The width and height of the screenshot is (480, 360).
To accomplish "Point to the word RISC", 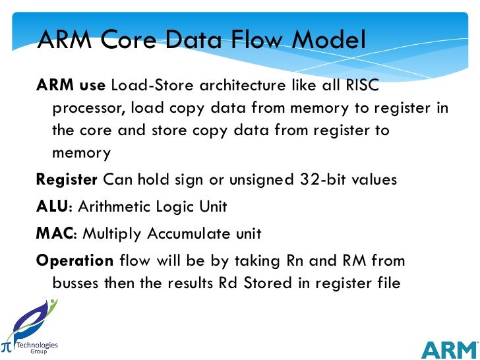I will tap(365, 86).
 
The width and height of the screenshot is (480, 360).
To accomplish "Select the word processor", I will tap(88, 108).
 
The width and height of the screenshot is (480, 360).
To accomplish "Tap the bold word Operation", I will tap(75, 260).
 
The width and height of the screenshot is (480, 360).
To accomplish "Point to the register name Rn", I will tap(294, 260).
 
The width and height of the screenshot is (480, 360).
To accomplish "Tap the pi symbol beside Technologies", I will tap(6, 346).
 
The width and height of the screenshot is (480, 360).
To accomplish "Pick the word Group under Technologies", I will tap(38, 352).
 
